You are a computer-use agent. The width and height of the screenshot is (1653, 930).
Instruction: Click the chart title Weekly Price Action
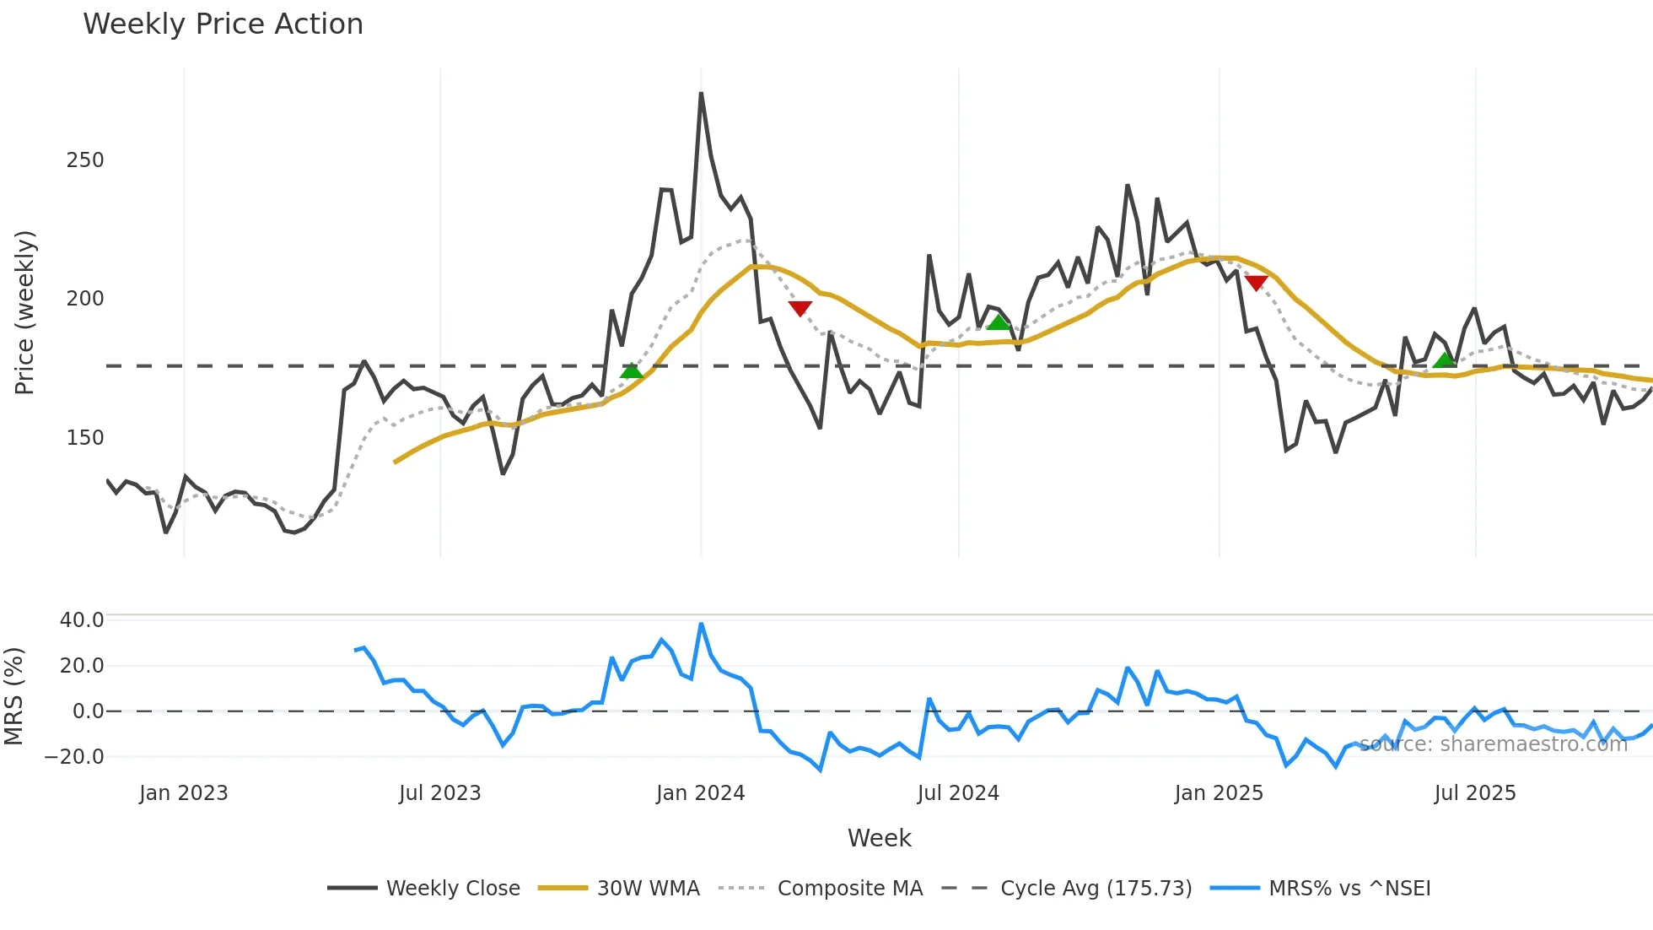point(223,24)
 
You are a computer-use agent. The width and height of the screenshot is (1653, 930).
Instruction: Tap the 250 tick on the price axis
point(85,160)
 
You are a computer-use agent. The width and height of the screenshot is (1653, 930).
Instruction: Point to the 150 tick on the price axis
point(85,438)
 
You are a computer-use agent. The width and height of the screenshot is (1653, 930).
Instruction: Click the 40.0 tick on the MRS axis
point(82,620)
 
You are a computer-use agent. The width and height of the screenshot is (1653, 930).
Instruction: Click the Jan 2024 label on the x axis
point(700,793)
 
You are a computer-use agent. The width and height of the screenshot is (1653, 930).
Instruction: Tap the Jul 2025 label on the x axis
point(1474,793)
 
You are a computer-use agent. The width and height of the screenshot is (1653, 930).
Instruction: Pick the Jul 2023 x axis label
point(439,793)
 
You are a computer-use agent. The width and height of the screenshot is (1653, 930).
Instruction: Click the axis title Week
point(879,838)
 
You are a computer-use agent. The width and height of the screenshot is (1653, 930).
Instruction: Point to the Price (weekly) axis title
point(24,312)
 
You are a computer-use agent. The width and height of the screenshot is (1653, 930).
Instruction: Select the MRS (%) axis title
point(14,696)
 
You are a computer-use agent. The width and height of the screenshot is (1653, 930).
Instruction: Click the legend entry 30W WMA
point(648,889)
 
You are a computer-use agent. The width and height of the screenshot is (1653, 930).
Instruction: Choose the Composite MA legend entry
point(849,889)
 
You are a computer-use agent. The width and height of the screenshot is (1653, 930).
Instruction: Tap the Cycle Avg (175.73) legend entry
point(1096,889)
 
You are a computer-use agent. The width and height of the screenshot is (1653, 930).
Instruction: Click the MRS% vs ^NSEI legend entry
point(1349,889)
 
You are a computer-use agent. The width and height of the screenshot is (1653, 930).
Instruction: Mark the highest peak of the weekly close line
point(701,94)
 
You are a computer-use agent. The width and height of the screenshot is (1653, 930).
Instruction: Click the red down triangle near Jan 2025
point(1256,283)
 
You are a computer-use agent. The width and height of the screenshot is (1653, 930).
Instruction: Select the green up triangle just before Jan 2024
point(631,370)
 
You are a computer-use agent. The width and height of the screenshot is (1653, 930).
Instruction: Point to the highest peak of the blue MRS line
point(701,625)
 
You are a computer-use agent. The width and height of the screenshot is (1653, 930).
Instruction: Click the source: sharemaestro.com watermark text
point(1493,744)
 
